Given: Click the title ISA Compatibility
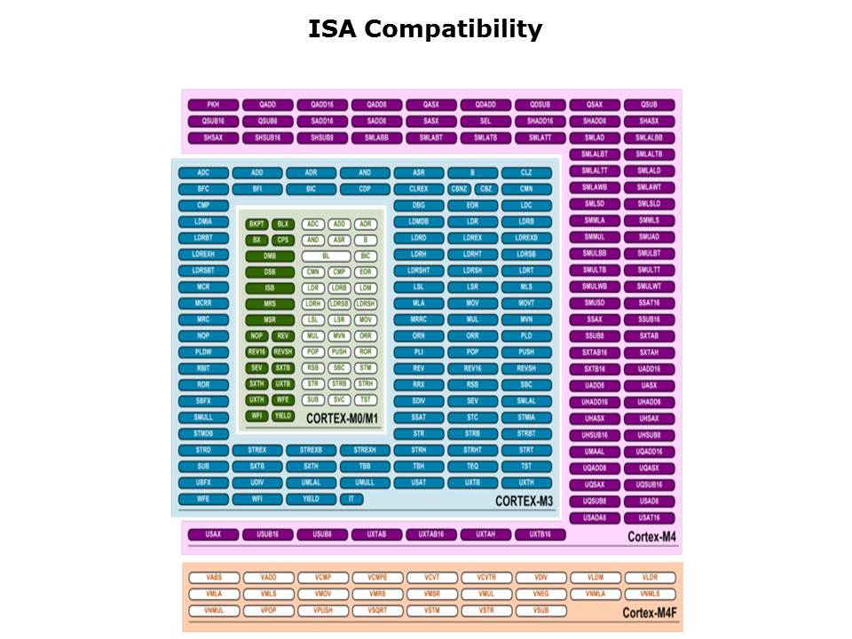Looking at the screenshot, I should coord(425,29).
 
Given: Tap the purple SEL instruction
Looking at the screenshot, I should coord(485,121).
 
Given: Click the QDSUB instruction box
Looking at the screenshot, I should coord(540,105).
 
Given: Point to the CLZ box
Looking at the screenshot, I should coord(526,173).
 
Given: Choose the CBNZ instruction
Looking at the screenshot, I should coord(459,189).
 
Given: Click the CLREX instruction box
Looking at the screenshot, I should coord(418,189).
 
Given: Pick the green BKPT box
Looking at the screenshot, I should coord(257,225).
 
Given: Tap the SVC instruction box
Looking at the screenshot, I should coord(338,399).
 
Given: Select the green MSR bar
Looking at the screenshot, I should coord(270,319).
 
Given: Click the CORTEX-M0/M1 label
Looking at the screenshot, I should coord(343,418).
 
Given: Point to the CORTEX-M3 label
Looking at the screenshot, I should coord(524,501).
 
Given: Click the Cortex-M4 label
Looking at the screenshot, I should coord(651,537).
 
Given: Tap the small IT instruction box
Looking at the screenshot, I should coord(351,499).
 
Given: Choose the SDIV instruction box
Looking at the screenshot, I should coord(418,400).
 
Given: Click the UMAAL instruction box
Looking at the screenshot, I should coord(595,452).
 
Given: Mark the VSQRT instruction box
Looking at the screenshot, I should coord(376,611).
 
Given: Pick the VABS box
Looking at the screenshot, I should coord(213,578).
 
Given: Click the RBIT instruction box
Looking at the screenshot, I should coord(203,368).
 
